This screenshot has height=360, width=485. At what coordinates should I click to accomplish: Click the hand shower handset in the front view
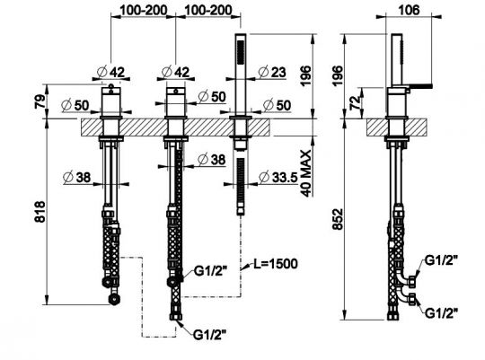coord(240,72)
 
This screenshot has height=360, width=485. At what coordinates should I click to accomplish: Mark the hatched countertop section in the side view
coord(393,125)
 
